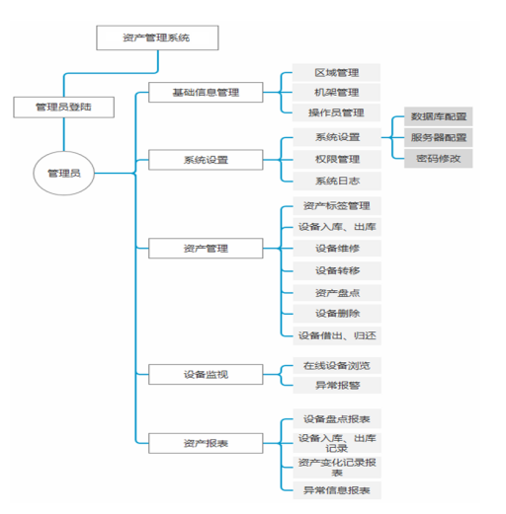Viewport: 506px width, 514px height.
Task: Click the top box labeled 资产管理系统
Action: point(157,37)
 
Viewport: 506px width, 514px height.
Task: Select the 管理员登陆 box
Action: point(63,108)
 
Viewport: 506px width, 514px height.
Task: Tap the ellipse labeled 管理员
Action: point(64,173)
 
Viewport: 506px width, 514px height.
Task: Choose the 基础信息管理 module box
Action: point(206,93)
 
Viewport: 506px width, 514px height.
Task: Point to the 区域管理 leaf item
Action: point(336,73)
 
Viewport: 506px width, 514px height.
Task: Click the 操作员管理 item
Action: point(336,112)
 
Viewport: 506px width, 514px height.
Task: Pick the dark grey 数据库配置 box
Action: point(439,116)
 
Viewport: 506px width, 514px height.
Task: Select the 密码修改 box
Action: point(439,159)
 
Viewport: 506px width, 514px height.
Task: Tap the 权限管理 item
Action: point(337,160)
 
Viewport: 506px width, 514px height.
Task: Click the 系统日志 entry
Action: point(337,181)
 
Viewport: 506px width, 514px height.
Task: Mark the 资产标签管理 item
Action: point(337,206)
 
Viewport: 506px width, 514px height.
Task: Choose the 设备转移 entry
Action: point(337,270)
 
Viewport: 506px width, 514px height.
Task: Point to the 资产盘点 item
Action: point(337,293)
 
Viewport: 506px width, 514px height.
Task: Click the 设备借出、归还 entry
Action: point(337,335)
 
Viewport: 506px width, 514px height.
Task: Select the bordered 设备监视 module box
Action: point(206,374)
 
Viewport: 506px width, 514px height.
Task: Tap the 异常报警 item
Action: point(337,385)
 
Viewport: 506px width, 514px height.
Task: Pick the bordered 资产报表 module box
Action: point(206,443)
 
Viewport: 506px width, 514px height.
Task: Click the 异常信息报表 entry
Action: point(337,490)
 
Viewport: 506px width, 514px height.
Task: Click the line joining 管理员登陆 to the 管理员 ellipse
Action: point(64,134)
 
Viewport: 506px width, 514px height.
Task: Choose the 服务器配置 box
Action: point(439,137)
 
